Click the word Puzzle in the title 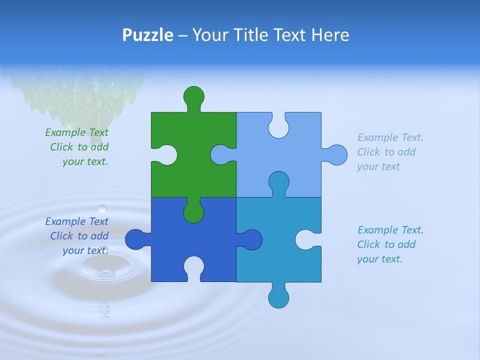pyautogui.click(x=148, y=35)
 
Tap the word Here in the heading pyautogui.click(x=330, y=35)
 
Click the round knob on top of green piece pyautogui.click(x=194, y=96)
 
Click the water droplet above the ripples pyautogui.click(x=102, y=208)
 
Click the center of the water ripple pyautogui.click(x=105, y=272)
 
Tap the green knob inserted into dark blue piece pyautogui.click(x=193, y=213)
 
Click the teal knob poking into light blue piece pyautogui.click(x=279, y=182)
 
